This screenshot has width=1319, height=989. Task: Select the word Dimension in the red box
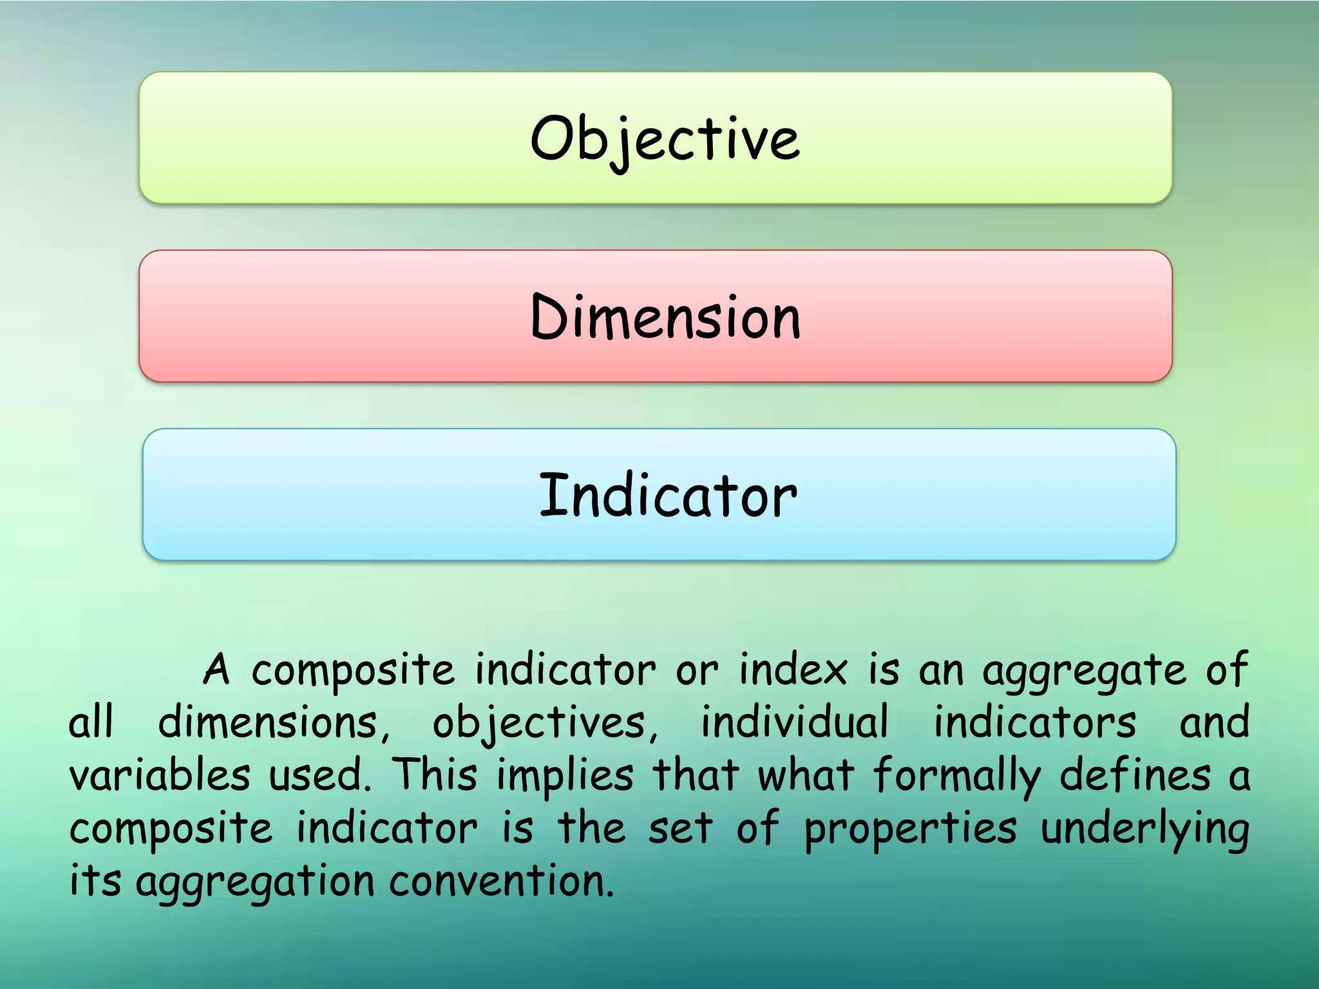point(665,317)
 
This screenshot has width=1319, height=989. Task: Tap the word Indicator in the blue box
point(668,495)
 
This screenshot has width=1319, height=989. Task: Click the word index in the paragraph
point(793,670)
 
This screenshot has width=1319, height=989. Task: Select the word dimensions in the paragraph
point(274,723)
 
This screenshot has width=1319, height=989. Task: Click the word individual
point(795,722)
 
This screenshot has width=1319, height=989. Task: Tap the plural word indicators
point(1035,722)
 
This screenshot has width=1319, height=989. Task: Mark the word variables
point(160,775)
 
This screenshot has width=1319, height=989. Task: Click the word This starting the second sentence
point(435,775)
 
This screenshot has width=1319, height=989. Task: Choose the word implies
point(565,776)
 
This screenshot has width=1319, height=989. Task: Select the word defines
point(1135,775)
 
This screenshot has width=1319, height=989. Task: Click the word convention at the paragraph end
point(501,881)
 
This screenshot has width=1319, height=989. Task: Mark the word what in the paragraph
point(806,775)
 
